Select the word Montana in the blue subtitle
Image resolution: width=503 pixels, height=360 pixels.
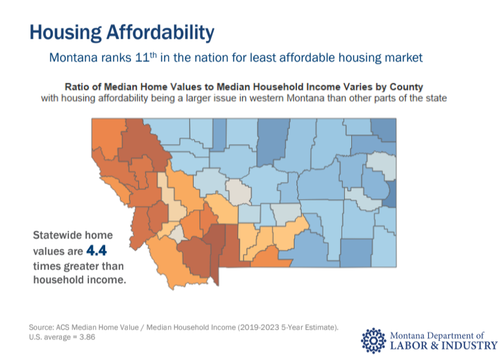coord(72,58)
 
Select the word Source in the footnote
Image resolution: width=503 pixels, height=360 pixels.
coord(41,328)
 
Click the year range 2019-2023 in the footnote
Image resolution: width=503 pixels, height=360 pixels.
coord(253,328)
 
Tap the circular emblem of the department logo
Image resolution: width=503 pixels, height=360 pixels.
coord(373,341)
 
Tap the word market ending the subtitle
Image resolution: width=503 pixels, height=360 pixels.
coord(404,58)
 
